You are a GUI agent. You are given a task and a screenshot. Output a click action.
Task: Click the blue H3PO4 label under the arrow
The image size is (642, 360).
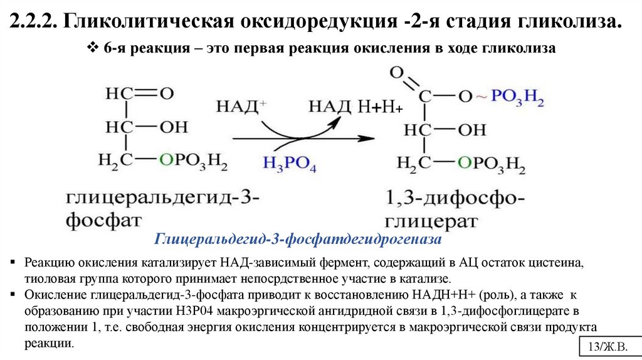point(290,164)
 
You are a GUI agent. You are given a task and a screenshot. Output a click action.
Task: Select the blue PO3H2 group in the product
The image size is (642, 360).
point(517,98)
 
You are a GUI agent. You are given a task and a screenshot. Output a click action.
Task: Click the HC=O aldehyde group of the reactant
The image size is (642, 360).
point(139,94)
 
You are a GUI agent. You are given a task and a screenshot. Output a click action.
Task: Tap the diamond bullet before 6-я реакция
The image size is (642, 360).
point(92,48)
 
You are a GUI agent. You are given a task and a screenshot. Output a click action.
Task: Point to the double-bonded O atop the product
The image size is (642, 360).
point(396,73)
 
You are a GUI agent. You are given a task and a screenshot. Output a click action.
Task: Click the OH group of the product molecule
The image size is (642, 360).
point(471,130)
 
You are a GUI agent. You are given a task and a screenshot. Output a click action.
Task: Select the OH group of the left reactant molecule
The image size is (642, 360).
point(173,127)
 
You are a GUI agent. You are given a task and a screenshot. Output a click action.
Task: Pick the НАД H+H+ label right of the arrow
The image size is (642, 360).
point(355,107)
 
